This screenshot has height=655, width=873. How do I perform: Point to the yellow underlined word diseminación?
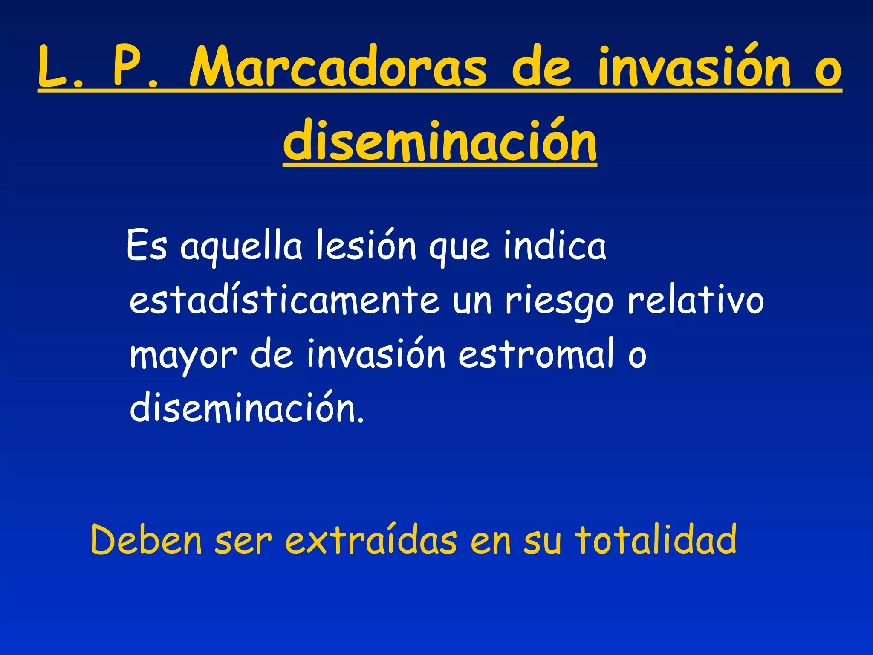coord(440,141)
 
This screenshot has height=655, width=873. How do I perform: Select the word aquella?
coord(241,247)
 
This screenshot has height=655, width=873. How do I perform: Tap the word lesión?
coord(366,246)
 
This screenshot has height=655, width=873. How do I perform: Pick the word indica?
coord(554,246)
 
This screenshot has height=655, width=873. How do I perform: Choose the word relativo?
coord(696,300)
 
